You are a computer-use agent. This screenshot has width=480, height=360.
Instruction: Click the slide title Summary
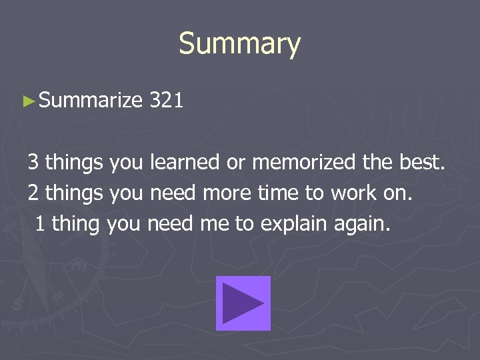[240, 44]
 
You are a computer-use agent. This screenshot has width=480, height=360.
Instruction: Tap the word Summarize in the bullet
[91, 101]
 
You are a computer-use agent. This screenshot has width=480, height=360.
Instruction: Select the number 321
[167, 101]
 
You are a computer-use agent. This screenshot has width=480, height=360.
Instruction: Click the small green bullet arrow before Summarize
[28, 101]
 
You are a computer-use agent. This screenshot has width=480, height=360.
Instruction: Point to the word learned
[185, 162]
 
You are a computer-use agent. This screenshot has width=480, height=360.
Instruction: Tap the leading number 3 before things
[33, 162]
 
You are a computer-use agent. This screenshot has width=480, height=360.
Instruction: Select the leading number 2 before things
[33, 193]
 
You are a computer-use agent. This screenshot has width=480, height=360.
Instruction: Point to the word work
[366, 193]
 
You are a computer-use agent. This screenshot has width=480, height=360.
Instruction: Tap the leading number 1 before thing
[40, 223]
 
